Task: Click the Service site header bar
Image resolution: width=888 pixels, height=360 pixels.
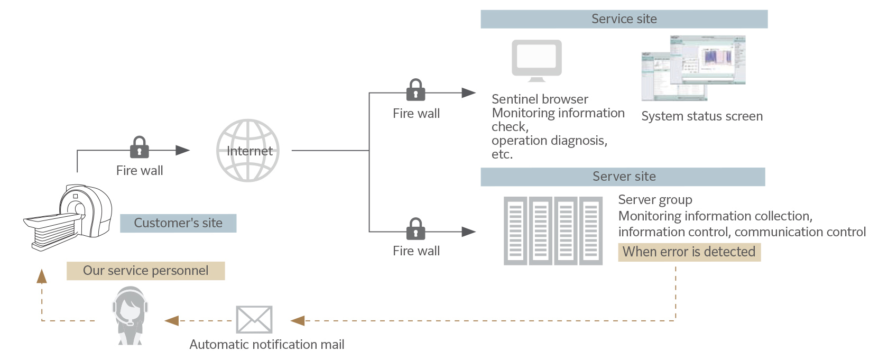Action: point(624,19)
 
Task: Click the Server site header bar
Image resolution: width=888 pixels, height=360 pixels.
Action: point(623,177)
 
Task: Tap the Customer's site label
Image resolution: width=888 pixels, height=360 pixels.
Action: point(178,223)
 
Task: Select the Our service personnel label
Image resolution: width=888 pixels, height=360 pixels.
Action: point(145,271)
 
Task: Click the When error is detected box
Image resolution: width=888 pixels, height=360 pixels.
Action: point(689,252)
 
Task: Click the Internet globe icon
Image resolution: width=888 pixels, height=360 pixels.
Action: point(248,151)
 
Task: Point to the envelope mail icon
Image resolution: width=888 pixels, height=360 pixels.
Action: point(254,320)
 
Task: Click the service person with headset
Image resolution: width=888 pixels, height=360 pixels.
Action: point(129,316)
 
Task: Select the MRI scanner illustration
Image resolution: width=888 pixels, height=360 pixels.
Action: point(69,217)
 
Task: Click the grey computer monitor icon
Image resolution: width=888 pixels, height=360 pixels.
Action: point(536,60)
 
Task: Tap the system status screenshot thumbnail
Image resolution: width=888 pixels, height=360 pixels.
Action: point(693,68)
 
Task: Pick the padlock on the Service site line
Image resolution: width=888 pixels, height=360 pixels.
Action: point(416,90)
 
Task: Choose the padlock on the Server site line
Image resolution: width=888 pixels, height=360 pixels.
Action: point(416,228)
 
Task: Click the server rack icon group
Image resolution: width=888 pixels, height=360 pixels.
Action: point(553,230)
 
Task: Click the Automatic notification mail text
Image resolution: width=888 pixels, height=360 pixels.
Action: point(267,345)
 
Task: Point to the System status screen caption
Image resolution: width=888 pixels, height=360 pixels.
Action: point(702,116)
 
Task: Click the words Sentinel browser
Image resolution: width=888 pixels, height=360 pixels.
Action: point(540,99)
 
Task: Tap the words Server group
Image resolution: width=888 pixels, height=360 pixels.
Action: point(655,200)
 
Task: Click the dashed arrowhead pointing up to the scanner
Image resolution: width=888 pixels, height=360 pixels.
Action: point(42,276)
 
